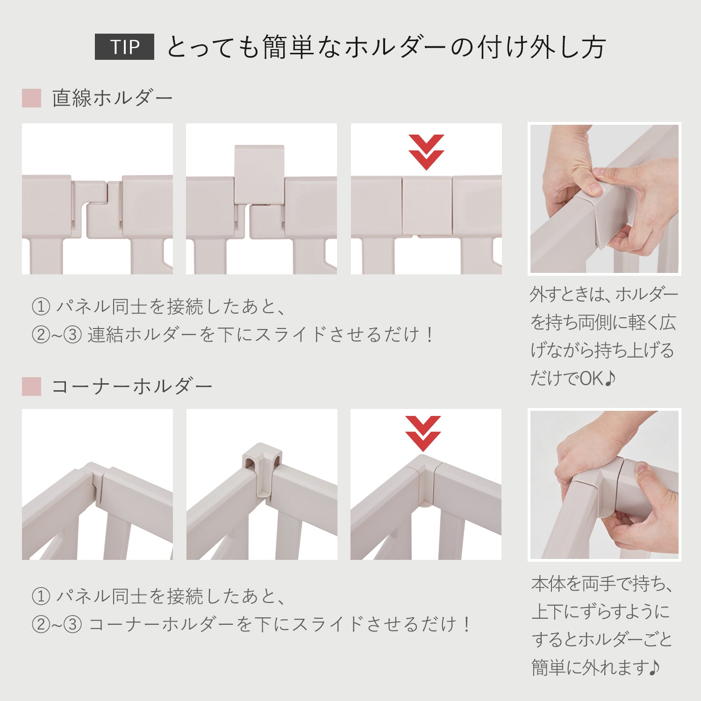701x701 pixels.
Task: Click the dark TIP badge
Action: (124, 47)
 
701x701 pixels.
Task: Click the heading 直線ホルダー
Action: (112, 98)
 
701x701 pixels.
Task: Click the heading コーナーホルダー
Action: (132, 386)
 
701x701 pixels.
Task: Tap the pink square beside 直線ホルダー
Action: (31, 98)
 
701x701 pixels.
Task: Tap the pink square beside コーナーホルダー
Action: (31, 386)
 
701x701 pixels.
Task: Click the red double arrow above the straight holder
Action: (426, 151)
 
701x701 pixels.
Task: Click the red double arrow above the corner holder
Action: (422, 433)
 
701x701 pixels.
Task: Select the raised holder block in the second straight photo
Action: (259, 174)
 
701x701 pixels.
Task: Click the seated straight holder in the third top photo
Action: (427, 205)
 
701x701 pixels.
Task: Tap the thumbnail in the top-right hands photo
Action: (604, 199)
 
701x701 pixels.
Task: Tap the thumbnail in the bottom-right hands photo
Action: (604, 485)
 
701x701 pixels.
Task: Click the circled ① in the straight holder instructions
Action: (41, 307)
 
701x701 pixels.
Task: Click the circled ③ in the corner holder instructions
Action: (72, 624)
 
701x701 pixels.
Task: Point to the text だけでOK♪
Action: (572, 379)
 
